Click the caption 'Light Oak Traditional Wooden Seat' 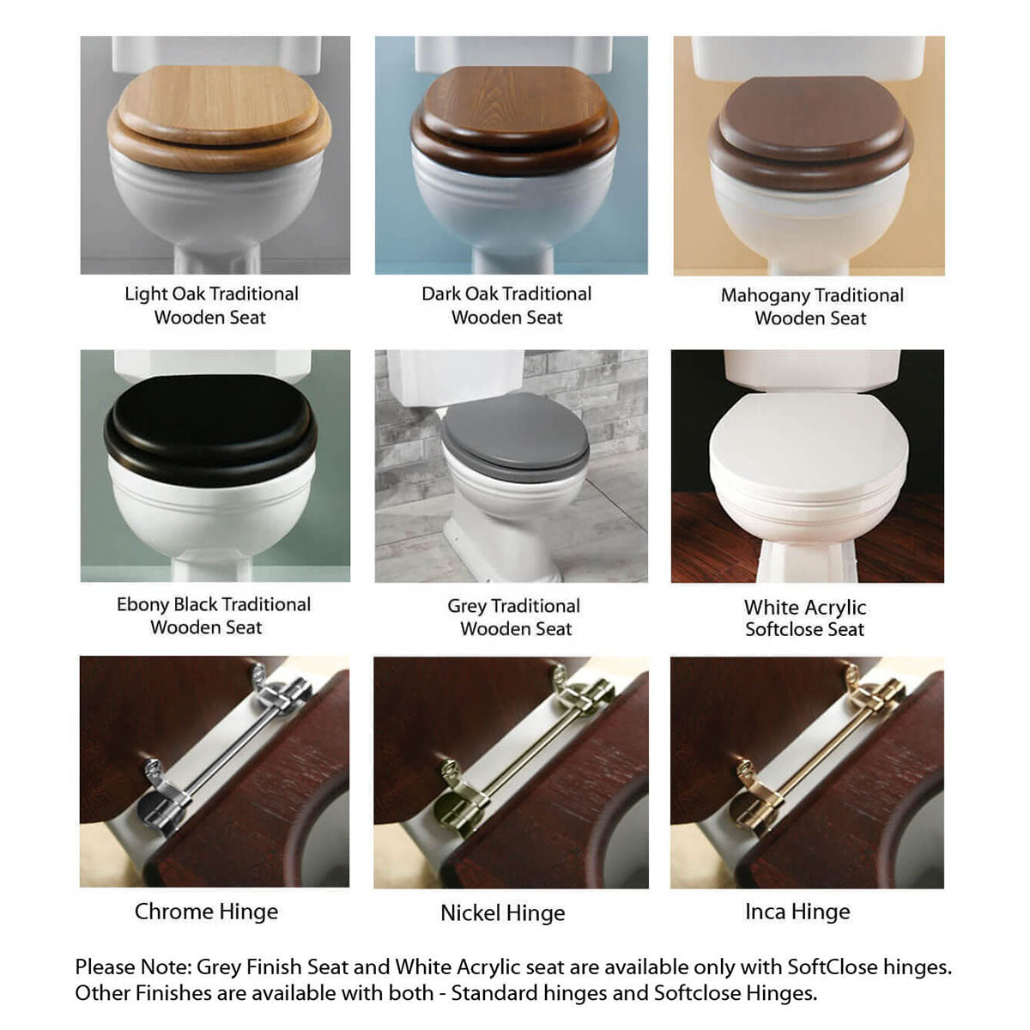tap(211, 306)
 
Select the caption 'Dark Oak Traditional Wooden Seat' tap(506, 306)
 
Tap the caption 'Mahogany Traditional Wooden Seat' tap(811, 306)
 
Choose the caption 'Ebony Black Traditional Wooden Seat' tap(213, 615)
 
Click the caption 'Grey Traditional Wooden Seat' tap(514, 617)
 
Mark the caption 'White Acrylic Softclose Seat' tap(805, 618)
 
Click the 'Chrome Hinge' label tap(206, 912)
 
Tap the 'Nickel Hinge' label tap(503, 913)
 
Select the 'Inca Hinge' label tap(797, 912)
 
